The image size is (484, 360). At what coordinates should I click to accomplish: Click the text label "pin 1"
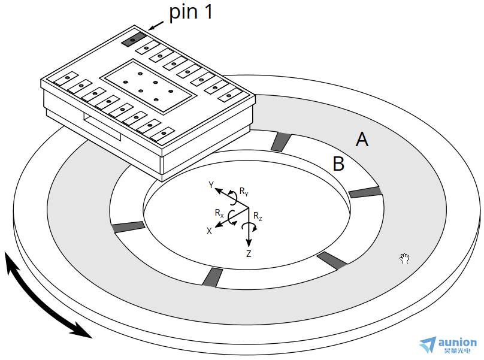point(190,13)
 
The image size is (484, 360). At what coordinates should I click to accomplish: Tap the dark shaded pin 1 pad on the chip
point(133,40)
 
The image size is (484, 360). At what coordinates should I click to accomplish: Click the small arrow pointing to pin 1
point(155,25)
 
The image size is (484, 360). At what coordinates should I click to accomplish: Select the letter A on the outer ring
point(362,140)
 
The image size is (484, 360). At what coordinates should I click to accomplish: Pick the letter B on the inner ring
point(338,164)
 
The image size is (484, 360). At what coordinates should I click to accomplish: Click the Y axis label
point(211,185)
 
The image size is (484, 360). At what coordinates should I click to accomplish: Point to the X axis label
point(209,231)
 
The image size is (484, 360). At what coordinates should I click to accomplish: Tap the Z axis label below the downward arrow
point(249,253)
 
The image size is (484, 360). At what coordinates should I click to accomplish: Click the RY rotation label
point(244,192)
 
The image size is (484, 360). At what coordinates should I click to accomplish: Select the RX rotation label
point(219,213)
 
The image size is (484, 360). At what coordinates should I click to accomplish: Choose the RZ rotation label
point(258,216)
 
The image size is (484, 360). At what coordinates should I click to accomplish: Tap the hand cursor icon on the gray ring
point(405,258)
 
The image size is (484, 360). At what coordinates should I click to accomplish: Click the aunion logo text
point(458,343)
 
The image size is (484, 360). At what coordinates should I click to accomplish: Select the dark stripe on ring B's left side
point(128,226)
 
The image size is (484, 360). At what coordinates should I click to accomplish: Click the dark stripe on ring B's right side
point(365,192)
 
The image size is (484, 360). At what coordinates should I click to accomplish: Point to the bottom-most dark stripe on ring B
point(212,277)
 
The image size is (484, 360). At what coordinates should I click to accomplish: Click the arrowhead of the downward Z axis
point(249,243)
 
